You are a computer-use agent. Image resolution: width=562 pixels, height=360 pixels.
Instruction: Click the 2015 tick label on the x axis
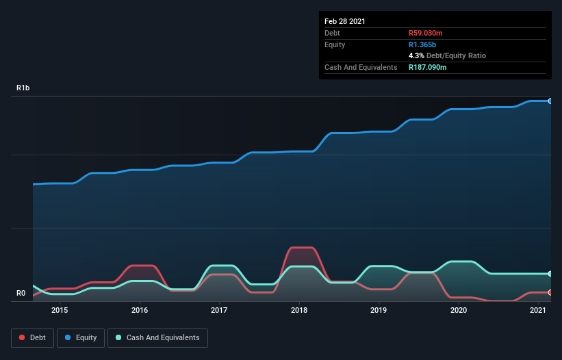pyautogui.click(x=60, y=310)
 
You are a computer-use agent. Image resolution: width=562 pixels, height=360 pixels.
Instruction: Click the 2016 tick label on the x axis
pyautogui.click(x=140, y=310)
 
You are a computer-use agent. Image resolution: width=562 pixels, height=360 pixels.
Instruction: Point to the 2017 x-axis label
pyautogui.click(x=219, y=310)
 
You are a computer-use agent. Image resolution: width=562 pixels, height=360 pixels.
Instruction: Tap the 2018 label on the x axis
pyautogui.click(x=299, y=310)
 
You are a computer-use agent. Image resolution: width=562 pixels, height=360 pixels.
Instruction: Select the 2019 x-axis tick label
pyautogui.click(x=379, y=310)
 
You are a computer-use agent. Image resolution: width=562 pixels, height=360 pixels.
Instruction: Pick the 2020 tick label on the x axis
pyautogui.click(x=459, y=310)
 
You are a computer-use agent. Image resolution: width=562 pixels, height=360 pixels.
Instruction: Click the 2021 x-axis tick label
pyautogui.click(x=538, y=310)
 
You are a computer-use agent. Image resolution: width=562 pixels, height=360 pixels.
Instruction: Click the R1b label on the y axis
pyautogui.click(x=23, y=88)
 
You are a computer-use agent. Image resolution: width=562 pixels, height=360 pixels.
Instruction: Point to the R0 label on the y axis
pyautogui.click(x=21, y=294)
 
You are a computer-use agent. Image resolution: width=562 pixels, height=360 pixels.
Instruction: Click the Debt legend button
pyautogui.click(x=31, y=337)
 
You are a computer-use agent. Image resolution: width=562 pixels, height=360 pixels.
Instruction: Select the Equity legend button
pyautogui.click(x=81, y=337)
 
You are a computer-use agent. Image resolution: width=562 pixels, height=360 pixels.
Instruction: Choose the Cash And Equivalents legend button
pyautogui.click(x=157, y=337)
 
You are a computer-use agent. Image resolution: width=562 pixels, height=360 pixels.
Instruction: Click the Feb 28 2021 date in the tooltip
pyautogui.click(x=345, y=21)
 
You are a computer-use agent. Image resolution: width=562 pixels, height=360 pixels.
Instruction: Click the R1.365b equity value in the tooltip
pyautogui.click(x=422, y=44)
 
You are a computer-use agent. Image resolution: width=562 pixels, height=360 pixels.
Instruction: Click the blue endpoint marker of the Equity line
pyautogui.click(x=550, y=101)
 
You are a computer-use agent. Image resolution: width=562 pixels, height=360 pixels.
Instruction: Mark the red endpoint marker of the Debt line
pyautogui.click(x=550, y=292)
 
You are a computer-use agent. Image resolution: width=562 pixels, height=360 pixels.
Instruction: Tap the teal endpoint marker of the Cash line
pyautogui.click(x=550, y=274)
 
